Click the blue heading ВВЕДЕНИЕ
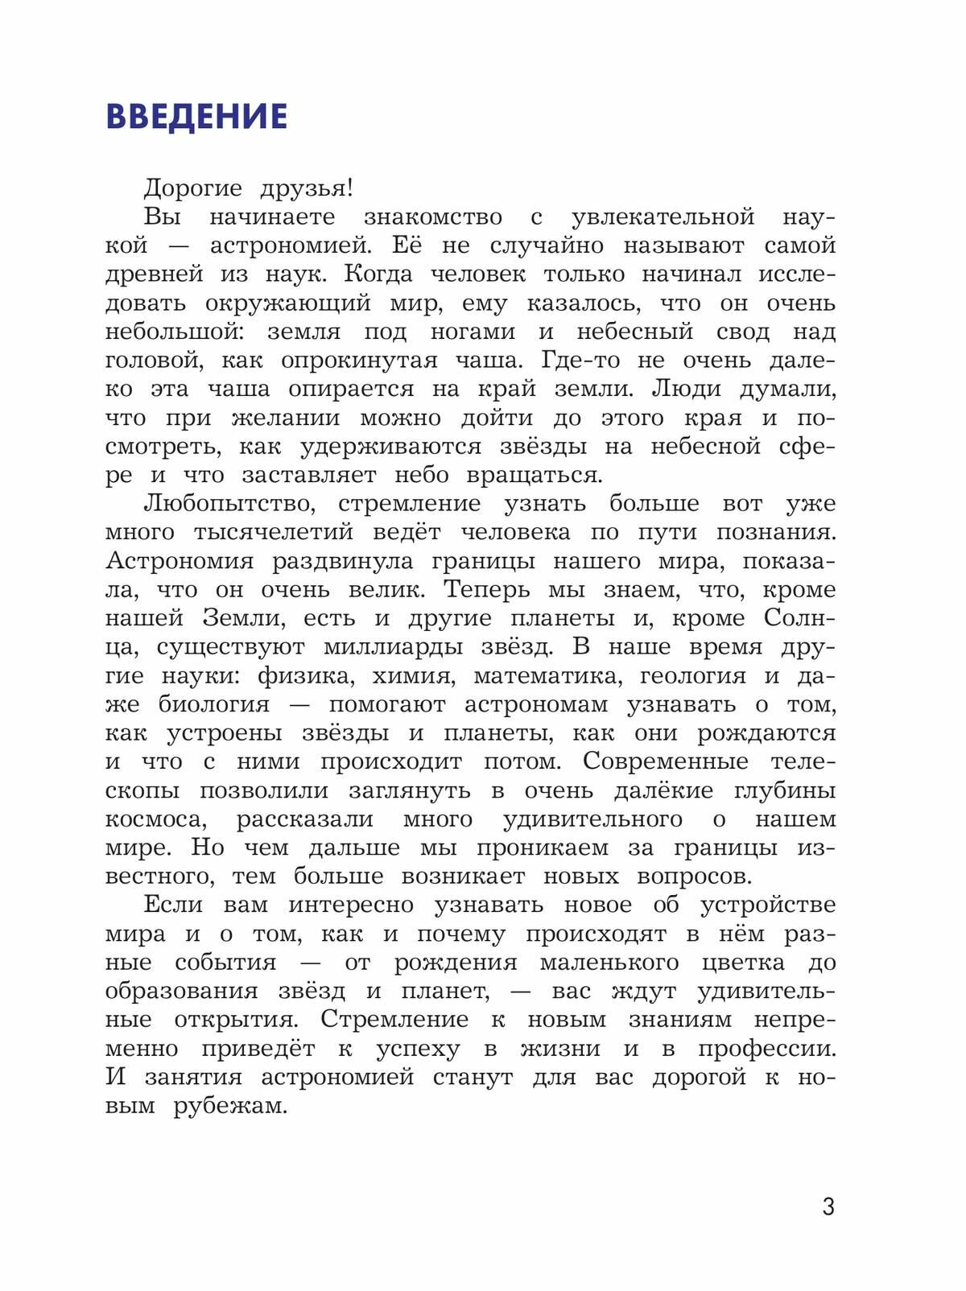point(196,118)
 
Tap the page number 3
point(828,1207)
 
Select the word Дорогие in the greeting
point(192,189)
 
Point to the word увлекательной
point(663,217)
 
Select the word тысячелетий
point(274,533)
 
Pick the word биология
point(213,705)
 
